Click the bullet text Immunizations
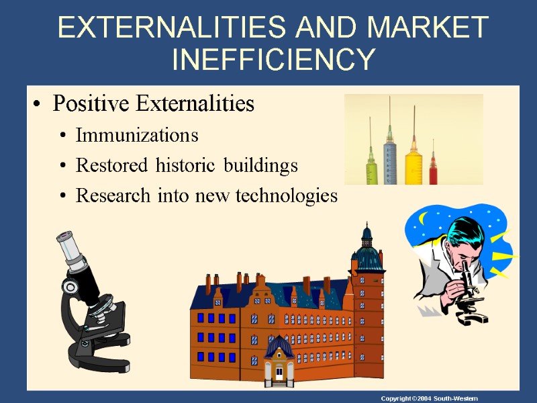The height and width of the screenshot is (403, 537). (137, 135)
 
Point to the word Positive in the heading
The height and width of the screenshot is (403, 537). (91, 104)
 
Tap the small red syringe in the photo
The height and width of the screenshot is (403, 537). (434, 168)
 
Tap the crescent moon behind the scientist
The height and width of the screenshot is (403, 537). (424, 219)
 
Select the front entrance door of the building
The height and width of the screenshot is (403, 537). (278, 373)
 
